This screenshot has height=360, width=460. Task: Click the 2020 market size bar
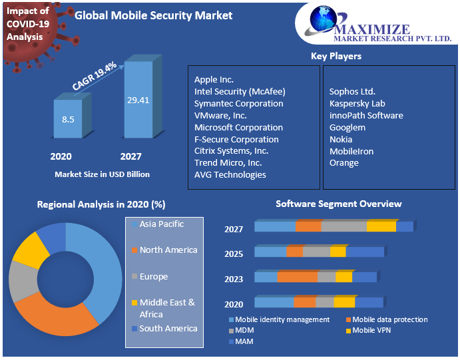coord(68,120)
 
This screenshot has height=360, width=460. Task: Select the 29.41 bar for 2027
coord(138,100)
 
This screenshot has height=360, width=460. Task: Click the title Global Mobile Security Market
coord(154,15)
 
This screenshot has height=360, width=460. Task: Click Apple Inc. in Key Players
coord(214,80)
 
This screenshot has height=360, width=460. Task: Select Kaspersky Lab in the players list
coord(357,104)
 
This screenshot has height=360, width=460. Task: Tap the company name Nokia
coord(341,140)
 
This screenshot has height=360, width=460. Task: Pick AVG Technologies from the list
coord(230,175)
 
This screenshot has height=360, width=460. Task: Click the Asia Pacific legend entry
coord(162,224)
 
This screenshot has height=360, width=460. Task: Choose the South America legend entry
coord(168,329)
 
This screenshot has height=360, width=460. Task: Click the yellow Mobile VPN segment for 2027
coord(381,227)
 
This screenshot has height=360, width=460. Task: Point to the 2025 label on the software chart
coord(234,254)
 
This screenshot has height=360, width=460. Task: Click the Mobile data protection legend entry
coord(390,319)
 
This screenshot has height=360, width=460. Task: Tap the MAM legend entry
coord(244,341)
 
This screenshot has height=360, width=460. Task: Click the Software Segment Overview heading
coord(339,204)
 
